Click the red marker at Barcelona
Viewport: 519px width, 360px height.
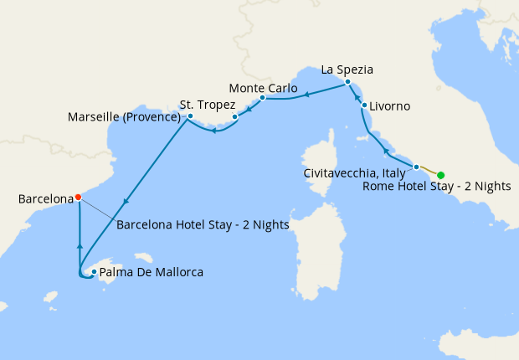pos(78,198)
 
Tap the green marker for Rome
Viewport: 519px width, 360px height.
pos(440,175)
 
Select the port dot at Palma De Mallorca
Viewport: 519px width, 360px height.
pos(94,272)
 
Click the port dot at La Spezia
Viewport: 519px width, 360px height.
pos(347,82)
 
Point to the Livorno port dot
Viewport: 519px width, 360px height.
pos(365,105)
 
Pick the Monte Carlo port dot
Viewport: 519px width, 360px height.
pos(262,98)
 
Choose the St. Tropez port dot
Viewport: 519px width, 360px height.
pos(235,117)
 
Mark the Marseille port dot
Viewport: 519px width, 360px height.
pos(190,116)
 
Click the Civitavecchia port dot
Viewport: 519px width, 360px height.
pos(416,167)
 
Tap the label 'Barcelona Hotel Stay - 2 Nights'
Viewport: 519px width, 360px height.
pos(203,224)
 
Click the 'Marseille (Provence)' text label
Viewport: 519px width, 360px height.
pos(125,117)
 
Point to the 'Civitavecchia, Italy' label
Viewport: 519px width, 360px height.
pos(355,172)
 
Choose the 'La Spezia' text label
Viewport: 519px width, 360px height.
pos(347,69)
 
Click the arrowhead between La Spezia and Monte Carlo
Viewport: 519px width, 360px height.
pos(306,95)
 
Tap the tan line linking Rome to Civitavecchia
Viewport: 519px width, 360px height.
pos(429,171)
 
